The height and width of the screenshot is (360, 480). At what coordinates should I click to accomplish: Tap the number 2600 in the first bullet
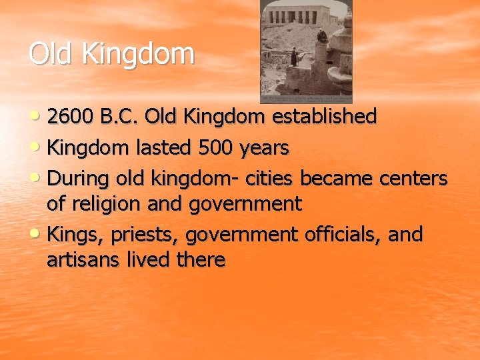coord(73,117)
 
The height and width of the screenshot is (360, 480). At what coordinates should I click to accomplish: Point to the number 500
coord(213,147)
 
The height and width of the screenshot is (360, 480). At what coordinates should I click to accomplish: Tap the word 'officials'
coord(349,235)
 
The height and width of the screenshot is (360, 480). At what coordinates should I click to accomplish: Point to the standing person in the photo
coord(293,57)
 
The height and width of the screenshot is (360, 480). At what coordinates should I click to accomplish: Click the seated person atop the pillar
coord(321,37)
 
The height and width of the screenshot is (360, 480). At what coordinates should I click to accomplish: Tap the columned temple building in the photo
coord(300,15)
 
